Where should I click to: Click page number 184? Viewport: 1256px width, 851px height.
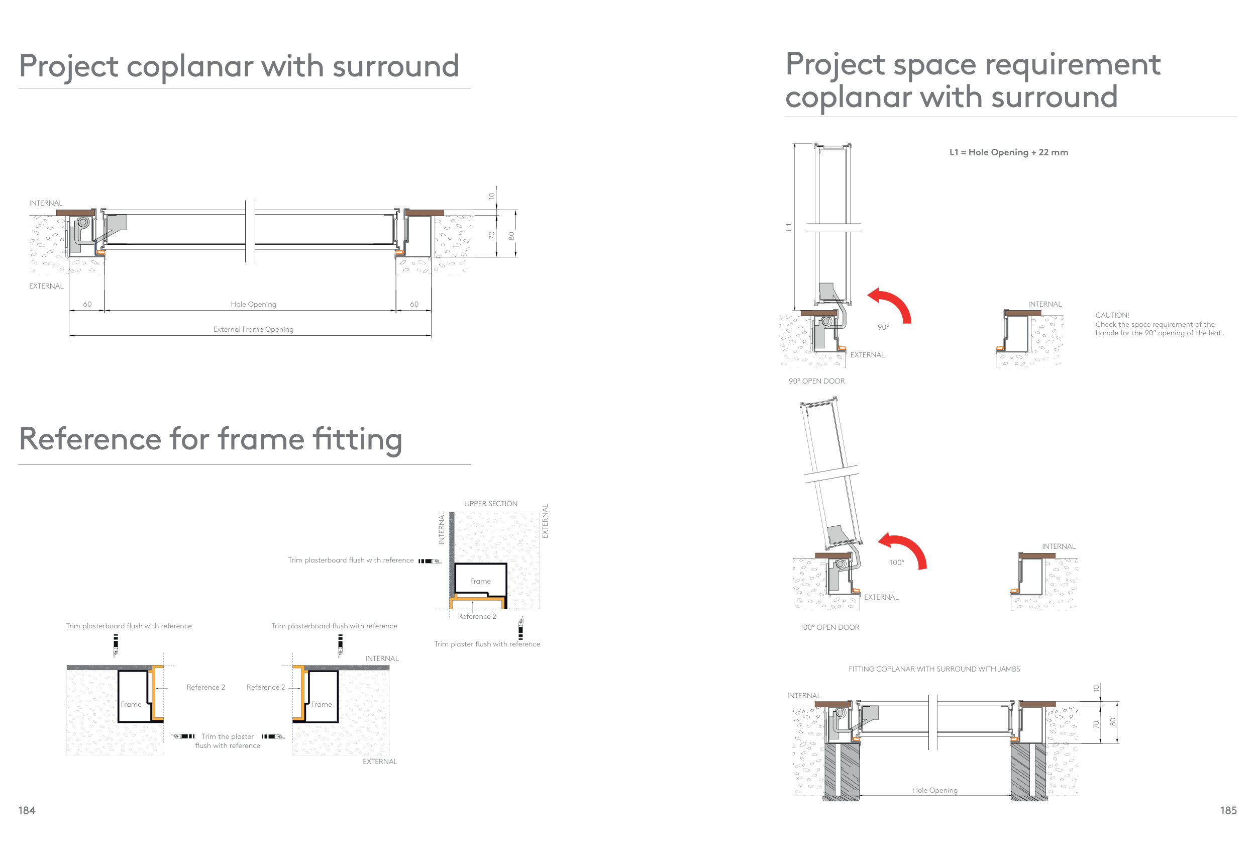[27, 810]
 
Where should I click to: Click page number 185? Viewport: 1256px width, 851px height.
[1228, 810]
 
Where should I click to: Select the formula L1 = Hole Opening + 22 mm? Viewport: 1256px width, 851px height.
[1008, 152]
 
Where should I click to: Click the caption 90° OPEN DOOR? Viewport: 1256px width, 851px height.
[816, 381]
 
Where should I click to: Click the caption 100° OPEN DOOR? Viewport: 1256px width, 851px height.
[829, 627]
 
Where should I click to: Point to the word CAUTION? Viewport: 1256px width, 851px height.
[1112, 315]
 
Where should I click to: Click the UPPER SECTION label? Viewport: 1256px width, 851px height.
[490, 503]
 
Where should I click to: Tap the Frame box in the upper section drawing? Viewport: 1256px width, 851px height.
[480, 580]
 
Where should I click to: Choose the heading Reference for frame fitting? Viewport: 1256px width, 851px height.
[211, 438]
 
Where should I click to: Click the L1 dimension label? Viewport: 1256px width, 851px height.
[788, 227]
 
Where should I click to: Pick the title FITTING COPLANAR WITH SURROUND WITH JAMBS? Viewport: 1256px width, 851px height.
[934, 669]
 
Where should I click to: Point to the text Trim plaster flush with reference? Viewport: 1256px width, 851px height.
[487, 644]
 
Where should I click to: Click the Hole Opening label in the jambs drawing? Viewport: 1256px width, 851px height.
[934, 790]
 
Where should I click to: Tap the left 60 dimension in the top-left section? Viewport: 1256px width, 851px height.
[87, 304]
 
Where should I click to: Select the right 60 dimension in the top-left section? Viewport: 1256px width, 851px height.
[414, 304]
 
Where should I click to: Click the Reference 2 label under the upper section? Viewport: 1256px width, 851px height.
[477, 616]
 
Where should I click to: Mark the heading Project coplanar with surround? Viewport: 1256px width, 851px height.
[239, 66]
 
